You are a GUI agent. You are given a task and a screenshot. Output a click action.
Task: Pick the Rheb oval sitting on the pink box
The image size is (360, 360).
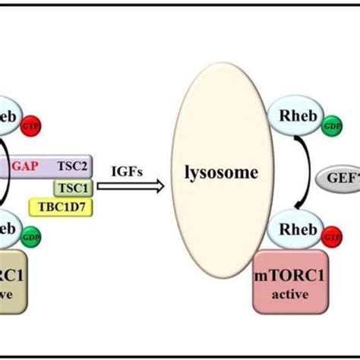[298, 229]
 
